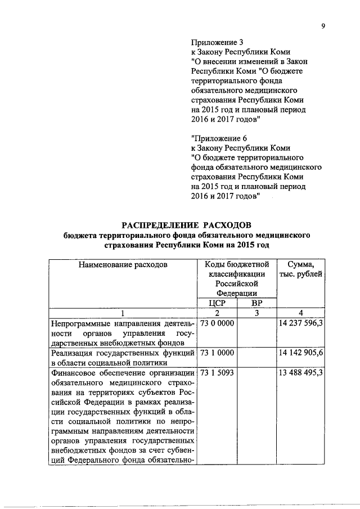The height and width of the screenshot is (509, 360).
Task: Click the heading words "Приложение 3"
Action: pos(217,42)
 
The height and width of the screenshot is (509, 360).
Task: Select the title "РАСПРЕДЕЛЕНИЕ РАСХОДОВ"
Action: pos(186,226)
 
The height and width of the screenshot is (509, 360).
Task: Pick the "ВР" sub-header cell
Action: pos(256,303)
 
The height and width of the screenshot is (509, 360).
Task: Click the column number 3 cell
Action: pos(256,313)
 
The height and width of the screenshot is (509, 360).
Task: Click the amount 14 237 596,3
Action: pos(301,323)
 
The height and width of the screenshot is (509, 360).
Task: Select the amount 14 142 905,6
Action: pos(301,353)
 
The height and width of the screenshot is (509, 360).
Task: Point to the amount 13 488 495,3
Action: pos(301,372)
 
